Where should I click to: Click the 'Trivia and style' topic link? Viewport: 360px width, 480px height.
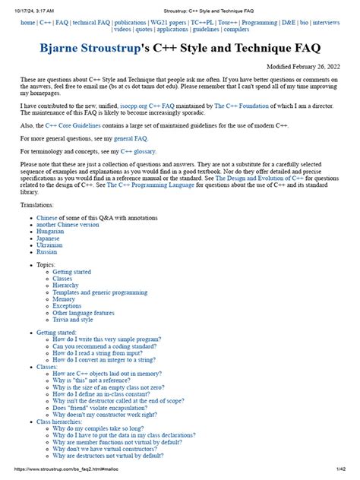coord(78,320)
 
